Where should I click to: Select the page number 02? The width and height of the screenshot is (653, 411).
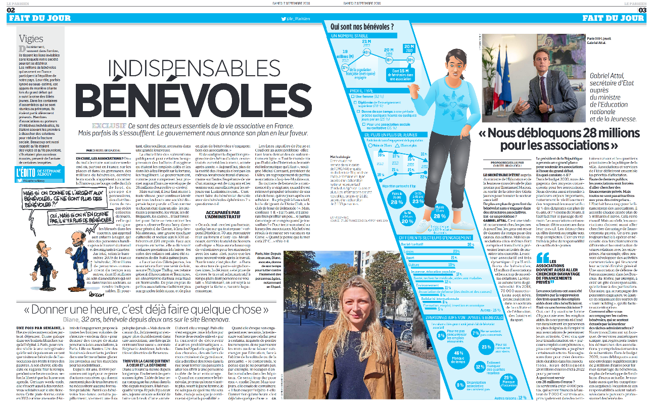11,10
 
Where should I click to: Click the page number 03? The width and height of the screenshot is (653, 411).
642,10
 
